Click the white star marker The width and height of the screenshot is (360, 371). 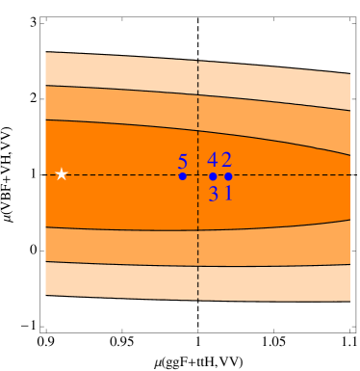pyautogui.click(x=62, y=174)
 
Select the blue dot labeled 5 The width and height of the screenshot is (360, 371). pyautogui.click(x=182, y=175)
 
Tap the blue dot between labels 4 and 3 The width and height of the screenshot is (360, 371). pyautogui.click(x=213, y=176)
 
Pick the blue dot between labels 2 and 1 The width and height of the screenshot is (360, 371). pyautogui.click(x=228, y=176)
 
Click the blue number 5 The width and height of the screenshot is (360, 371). pyautogui.click(x=182, y=162)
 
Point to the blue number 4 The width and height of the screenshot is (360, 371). pyautogui.click(x=212, y=161)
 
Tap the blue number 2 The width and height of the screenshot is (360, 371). pyautogui.click(x=226, y=161)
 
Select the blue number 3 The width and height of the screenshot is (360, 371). pyautogui.click(x=213, y=193)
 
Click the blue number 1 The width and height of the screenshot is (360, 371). pyautogui.click(x=228, y=193)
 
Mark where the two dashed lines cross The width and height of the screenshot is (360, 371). pyautogui.click(x=198, y=175)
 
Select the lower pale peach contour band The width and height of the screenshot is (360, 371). pyautogui.click(x=116, y=280)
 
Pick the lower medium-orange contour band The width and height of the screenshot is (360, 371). pyautogui.click(x=116, y=246)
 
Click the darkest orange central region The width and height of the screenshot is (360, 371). pyautogui.click(x=116, y=145)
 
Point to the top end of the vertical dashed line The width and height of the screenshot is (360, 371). pyautogui.click(x=198, y=62)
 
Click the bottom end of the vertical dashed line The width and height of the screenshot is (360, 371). pyautogui.click(x=198, y=298)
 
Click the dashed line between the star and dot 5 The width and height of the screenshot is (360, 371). pyautogui.click(x=120, y=175)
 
